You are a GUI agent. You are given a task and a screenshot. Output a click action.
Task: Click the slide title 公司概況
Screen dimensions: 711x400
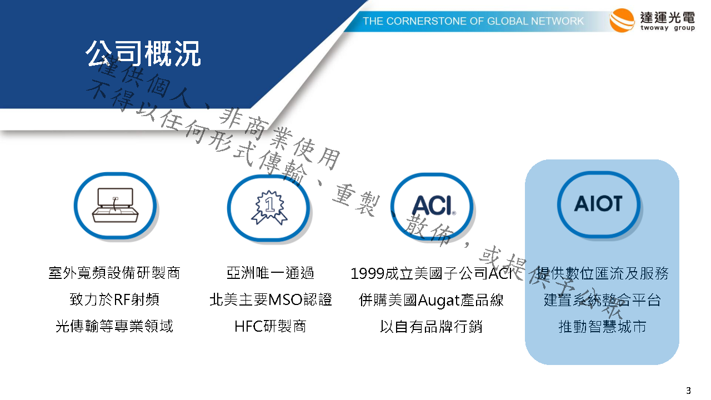[x=143, y=54]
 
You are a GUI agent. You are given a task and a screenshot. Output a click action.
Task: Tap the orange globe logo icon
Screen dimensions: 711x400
[x=622, y=21]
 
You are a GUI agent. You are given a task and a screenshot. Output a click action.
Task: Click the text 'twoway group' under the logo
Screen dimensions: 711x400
[x=668, y=28]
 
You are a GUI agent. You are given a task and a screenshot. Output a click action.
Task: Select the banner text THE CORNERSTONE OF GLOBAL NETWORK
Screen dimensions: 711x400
[x=473, y=21]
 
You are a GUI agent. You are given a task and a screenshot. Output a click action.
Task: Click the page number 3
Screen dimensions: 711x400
[x=688, y=390]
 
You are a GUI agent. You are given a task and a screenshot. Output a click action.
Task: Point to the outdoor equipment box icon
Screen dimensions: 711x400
[x=115, y=205]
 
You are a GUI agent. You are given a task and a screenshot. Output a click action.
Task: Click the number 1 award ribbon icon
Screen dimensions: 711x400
[x=269, y=207]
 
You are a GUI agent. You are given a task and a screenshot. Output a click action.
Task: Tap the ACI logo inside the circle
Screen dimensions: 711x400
[x=434, y=206]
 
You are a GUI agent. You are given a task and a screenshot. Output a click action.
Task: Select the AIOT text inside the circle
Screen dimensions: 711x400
[x=598, y=203]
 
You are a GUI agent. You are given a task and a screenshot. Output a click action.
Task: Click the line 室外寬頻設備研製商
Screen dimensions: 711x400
[x=114, y=273]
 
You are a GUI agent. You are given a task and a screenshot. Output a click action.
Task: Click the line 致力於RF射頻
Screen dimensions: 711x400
[x=114, y=299]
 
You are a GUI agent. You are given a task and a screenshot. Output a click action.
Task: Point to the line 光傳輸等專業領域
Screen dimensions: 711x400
[x=114, y=326]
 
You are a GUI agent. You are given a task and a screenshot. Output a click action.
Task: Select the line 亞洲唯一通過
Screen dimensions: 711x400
[x=270, y=273]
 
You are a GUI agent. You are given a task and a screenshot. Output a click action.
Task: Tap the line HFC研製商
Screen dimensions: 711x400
[x=270, y=326]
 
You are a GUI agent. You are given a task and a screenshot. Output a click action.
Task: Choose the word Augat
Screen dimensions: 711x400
[x=439, y=301]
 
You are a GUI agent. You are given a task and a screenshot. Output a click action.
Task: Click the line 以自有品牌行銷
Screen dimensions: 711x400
[x=431, y=326]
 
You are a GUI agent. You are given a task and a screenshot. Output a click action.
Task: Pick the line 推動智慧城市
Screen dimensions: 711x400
[x=602, y=326]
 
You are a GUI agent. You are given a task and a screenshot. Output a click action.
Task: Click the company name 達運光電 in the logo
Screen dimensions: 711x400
[x=668, y=17]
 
